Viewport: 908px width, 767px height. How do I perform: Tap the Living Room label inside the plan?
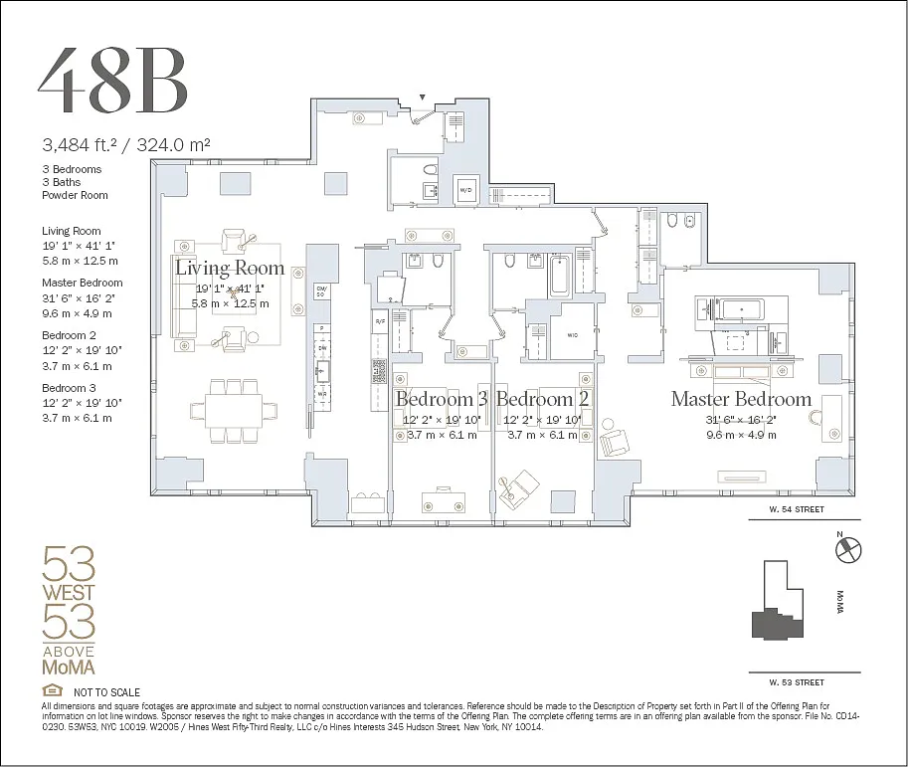click(x=230, y=268)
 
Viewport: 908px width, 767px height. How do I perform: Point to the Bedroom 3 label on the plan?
click(x=442, y=399)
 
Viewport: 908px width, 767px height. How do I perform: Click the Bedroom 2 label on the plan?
click(x=542, y=399)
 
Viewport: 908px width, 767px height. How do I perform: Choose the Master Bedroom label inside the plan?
click(x=741, y=399)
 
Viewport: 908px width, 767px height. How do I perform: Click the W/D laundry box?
click(x=466, y=189)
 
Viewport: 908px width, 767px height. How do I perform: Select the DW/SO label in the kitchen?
click(x=321, y=291)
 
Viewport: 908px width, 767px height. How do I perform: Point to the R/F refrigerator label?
click(x=379, y=321)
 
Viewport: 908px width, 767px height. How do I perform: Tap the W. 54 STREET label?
click(x=796, y=509)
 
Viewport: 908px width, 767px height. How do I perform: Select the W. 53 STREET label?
click(x=796, y=682)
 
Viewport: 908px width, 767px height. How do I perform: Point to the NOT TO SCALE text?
click(x=106, y=692)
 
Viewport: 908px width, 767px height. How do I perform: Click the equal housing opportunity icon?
click(x=50, y=691)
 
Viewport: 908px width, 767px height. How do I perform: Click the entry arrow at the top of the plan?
click(x=423, y=97)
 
